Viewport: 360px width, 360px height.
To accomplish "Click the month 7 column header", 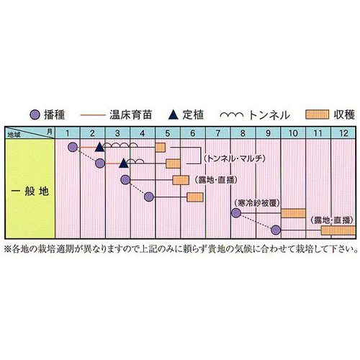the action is (x=218, y=132).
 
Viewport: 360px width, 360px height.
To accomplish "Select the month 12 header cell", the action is (x=343, y=132).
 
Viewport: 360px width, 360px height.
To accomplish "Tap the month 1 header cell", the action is (x=68, y=132).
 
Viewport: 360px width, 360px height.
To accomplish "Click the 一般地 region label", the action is (x=30, y=192).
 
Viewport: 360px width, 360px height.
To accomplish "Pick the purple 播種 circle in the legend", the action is (x=35, y=115).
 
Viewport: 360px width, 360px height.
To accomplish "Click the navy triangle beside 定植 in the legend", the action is (x=174, y=114).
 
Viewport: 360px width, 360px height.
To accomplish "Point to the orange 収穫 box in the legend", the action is (x=317, y=114).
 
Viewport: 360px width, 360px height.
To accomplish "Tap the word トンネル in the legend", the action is (x=269, y=115).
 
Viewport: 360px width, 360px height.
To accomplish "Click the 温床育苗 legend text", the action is (x=131, y=115).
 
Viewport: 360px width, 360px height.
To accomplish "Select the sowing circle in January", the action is (x=73, y=147).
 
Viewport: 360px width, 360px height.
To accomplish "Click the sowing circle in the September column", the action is (x=276, y=230).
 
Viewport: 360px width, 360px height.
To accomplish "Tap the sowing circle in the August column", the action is (x=236, y=213).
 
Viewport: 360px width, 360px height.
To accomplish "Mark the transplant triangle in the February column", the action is (x=99, y=147).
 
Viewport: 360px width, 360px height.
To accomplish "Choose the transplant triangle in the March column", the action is (x=124, y=163).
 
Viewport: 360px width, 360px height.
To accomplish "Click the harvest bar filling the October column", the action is (x=293, y=213).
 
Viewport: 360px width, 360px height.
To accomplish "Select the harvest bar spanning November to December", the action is (x=338, y=230).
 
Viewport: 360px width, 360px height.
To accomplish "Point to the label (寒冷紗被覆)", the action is (x=257, y=203).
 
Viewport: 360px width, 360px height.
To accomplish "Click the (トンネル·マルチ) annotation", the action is (x=235, y=158).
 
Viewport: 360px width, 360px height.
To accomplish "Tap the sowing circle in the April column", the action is (x=149, y=197).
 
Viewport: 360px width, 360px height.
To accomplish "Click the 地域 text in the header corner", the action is (x=14, y=135).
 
